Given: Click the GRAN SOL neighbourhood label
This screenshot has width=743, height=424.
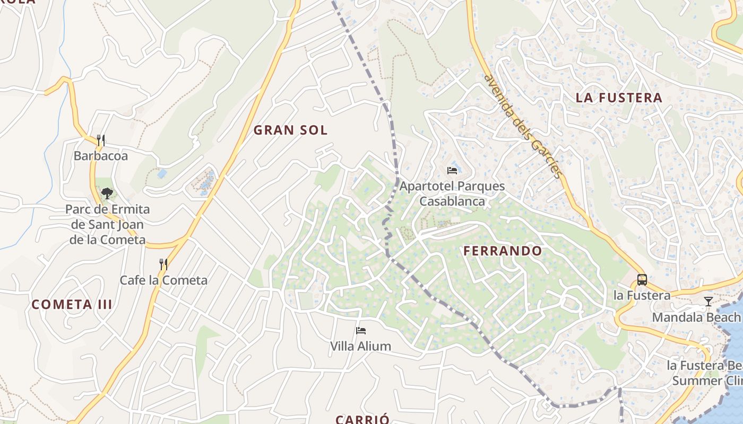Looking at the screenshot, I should point(290,130).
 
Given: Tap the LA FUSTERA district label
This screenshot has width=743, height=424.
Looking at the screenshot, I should point(619,98).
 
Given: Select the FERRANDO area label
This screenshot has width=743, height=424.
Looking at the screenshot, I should point(503,251).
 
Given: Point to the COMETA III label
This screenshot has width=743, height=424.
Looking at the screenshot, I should point(72,304).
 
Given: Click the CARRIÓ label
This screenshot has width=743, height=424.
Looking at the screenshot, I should point(362,419).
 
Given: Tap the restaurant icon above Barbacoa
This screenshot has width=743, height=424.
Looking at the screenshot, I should point(101,140).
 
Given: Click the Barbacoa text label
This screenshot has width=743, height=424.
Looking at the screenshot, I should point(101,156).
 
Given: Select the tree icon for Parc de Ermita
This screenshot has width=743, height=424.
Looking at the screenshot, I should point(107,193).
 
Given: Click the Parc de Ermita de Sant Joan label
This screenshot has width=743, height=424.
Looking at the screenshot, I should point(107,224).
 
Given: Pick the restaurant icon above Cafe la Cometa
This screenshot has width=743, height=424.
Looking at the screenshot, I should point(163,264).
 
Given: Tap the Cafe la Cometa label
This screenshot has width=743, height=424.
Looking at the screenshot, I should point(163,280).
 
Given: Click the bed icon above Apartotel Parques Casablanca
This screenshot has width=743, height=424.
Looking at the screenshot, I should point(452,171).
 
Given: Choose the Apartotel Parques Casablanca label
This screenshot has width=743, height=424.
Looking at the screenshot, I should point(452,193).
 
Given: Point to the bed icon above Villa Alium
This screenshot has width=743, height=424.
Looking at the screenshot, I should point(361,331).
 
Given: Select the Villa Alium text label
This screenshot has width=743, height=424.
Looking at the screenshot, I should point(361,346).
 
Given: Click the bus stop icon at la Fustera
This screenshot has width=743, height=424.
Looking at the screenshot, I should point(642,279).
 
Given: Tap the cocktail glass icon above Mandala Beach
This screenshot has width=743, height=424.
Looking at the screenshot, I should point(708,302).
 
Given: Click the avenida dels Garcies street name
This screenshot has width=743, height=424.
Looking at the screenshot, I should point(522,126).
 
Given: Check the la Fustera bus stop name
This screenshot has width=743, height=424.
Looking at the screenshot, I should point(642,295).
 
